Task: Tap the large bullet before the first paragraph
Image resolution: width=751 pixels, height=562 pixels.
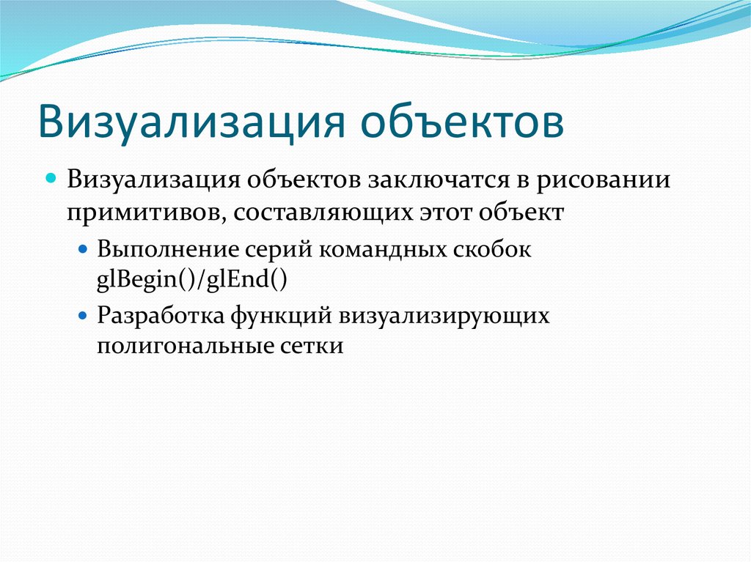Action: [52, 180]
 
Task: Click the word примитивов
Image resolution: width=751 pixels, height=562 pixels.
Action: [138, 213]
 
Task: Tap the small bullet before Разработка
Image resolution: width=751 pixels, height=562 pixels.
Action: [83, 316]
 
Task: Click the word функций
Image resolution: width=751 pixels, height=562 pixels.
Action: [282, 316]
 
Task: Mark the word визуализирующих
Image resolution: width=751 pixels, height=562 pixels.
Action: [444, 316]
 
